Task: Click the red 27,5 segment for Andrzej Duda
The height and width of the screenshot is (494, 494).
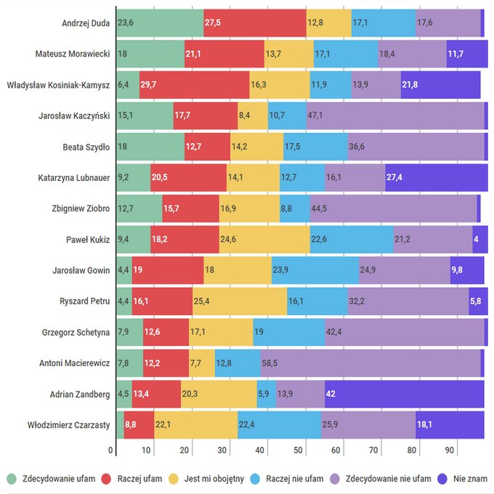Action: pyautogui.click(x=255, y=23)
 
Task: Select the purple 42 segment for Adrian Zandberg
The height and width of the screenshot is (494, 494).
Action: pyautogui.click(x=404, y=394)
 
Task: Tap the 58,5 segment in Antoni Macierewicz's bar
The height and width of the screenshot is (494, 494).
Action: pyautogui.click(x=370, y=363)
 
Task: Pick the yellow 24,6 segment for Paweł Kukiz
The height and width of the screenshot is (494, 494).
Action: pyautogui.click(x=264, y=239)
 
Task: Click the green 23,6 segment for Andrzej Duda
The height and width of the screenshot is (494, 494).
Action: pyautogui.click(x=159, y=23)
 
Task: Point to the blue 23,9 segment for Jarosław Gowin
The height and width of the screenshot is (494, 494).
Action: pyautogui.click(x=315, y=270)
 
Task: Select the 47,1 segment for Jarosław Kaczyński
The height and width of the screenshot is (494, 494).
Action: pyautogui.click(x=394, y=115)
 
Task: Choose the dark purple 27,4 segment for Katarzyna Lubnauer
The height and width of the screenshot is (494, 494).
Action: pyautogui.click(x=436, y=177)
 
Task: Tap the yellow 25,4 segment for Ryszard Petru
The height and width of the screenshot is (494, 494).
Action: pyautogui.click(x=240, y=301)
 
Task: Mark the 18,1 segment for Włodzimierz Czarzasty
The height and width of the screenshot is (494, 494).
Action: pyautogui.click(x=450, y=425)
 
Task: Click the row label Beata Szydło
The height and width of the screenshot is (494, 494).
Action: pyautogui.click(x=86, y=146)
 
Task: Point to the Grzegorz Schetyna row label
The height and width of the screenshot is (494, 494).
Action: pyautogui.click(x=76, y=332)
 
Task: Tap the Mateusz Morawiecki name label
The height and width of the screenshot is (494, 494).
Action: pyautogui.click(x=73, y=53)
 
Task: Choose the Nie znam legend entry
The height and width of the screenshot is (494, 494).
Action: pyautogui.click(x=463, y=479)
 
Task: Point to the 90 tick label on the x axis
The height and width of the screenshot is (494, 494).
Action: pyautogui.click(x=450, y=450)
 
